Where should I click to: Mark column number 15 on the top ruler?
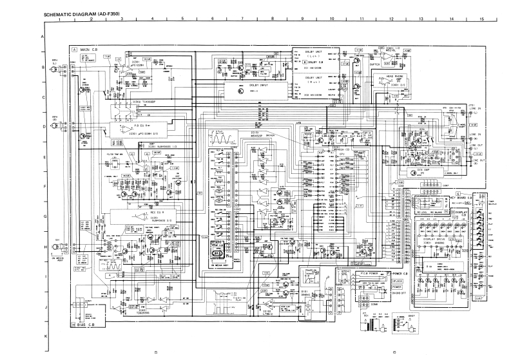point(481,20)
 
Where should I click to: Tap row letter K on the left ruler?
point(43,337)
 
